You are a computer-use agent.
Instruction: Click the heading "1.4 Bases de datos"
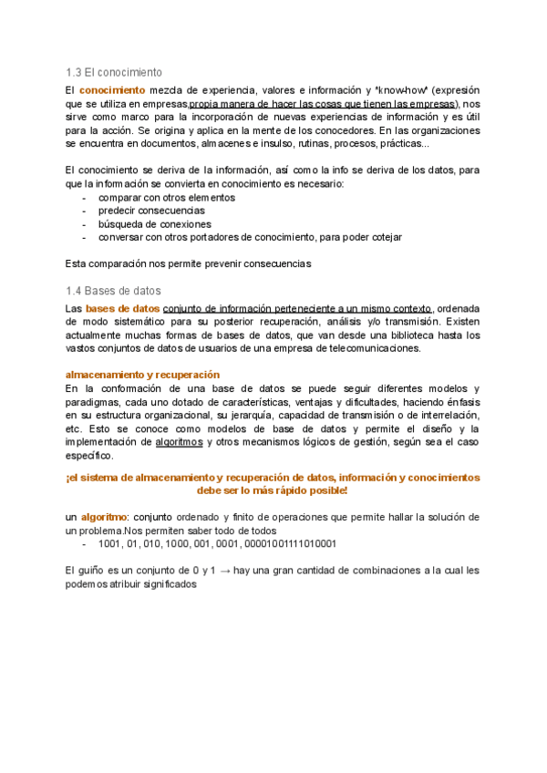(x=113, y=291)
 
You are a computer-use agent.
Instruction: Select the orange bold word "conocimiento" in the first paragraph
(x=112, y=90)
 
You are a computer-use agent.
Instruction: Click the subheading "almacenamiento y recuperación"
(x=142, y=375)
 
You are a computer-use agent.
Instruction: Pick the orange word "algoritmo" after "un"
(x=103, y=517)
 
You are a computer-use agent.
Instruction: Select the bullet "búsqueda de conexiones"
(x=154, y=223)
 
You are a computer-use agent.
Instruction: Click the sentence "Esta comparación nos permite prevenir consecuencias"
(x=189, y=264)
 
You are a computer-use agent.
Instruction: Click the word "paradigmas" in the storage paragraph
(x=90, y=401)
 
